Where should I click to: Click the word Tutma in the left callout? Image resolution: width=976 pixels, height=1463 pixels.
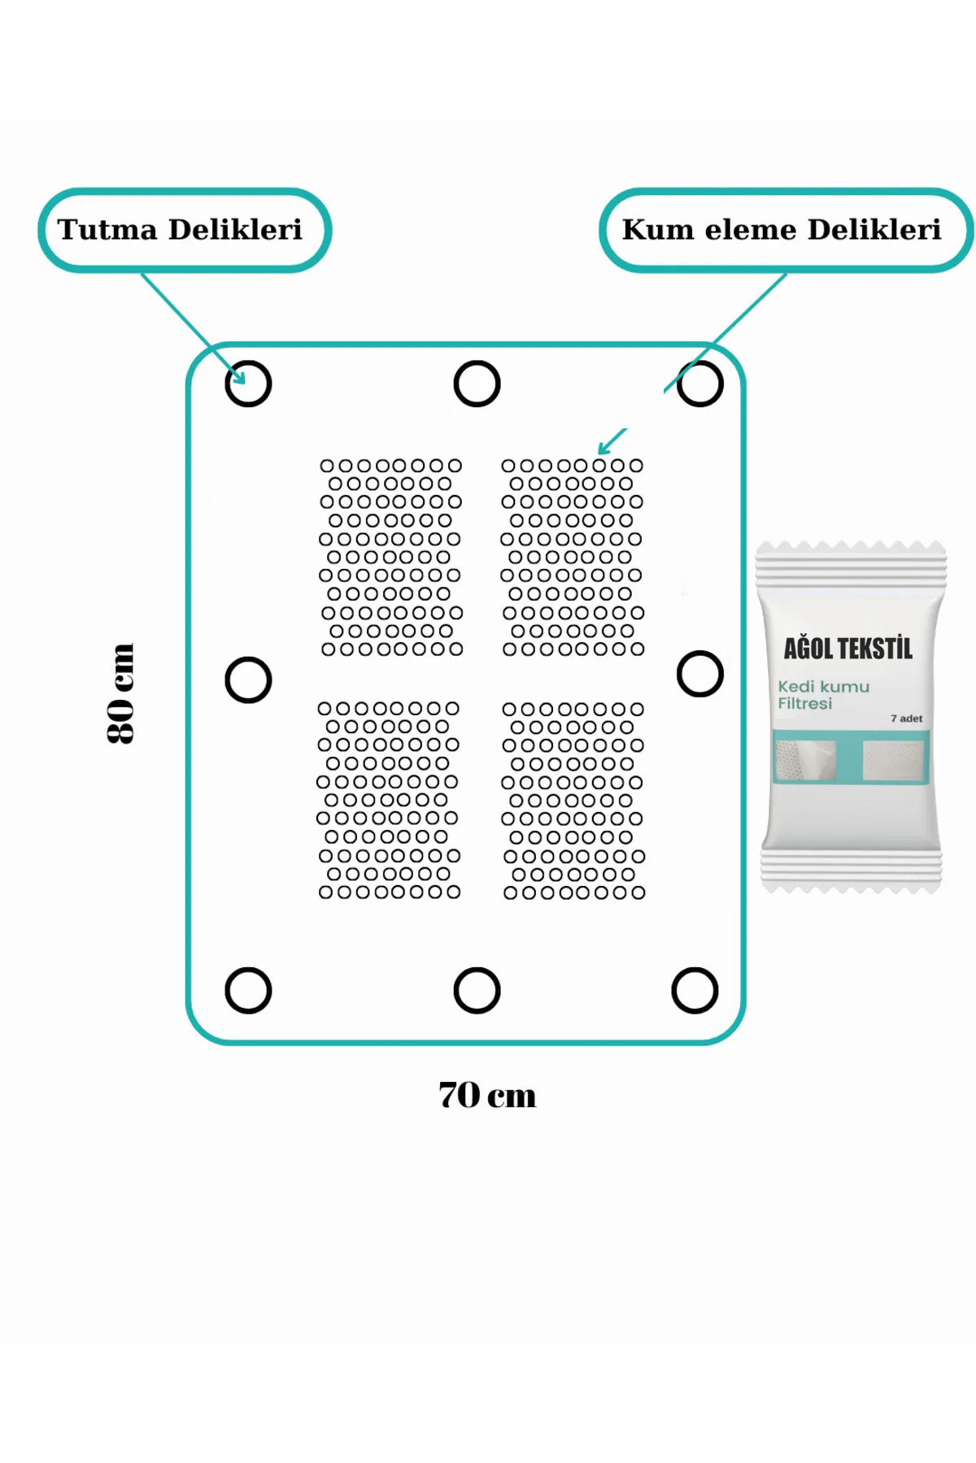(x=107, y=230)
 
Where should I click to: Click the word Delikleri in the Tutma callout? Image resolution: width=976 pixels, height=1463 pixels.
(x=235, y=230)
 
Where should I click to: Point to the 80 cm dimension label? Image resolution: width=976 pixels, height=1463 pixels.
(x=120, y=693)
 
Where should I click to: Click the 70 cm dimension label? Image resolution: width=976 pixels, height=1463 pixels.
(x=487, y=1095)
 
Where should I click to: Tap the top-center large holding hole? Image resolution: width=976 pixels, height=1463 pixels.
(x=477, y=362)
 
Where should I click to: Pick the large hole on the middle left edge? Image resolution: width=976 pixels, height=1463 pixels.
(x=248, y=659)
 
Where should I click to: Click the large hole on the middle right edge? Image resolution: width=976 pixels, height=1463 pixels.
(x=700, y=653)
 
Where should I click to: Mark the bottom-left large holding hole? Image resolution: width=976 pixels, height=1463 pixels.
(x=248, y=970)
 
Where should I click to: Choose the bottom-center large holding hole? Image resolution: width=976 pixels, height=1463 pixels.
(x=477, y=970)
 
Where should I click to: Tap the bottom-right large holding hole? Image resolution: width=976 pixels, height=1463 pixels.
(x=695, y=970)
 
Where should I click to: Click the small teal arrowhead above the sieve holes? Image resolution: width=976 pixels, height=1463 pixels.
(x=603, y=449)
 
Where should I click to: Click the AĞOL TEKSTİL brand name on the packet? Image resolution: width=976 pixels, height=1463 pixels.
(x=848, y=649)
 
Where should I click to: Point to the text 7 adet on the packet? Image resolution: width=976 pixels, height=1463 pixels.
(x=906, y=718)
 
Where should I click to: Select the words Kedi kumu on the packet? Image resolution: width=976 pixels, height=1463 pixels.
(x=823, y=687)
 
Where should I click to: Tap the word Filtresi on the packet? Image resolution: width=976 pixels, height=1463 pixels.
(x=804, y=704)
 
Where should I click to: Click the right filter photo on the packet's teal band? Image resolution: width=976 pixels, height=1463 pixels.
(x=892, y=760)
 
